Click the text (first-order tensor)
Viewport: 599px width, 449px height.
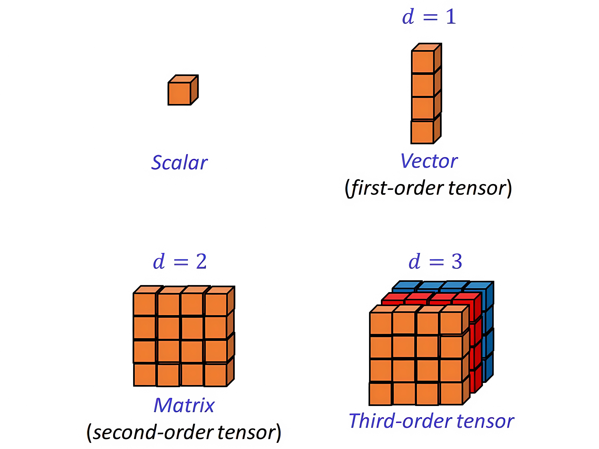point(428,188)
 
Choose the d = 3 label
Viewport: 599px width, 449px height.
point(435,262)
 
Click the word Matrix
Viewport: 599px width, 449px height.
point(184,406)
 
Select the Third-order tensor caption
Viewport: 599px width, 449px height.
point(431,421)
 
